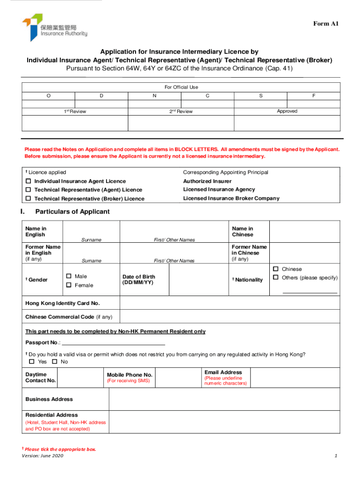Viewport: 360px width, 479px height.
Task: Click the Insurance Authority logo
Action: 54,28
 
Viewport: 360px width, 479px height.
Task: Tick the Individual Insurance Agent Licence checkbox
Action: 28,181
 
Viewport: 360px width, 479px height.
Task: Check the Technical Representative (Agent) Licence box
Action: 28,190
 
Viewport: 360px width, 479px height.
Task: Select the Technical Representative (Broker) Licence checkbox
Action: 28,199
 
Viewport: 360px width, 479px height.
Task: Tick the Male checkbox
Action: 69,276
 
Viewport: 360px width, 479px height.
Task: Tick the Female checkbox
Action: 69,285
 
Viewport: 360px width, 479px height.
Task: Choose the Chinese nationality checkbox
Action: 276,269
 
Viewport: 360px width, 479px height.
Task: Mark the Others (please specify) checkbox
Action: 276,278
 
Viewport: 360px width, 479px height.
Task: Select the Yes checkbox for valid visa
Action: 32,362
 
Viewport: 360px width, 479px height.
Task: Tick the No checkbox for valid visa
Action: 55,362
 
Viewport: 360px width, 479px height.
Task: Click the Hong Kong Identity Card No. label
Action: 63,303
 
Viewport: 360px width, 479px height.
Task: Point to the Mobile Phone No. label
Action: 130,375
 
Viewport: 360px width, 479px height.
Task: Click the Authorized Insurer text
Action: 207,181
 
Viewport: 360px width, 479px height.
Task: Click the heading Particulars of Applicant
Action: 72,211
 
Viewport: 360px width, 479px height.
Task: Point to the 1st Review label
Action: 75,111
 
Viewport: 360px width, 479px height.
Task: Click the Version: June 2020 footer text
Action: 42,456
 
